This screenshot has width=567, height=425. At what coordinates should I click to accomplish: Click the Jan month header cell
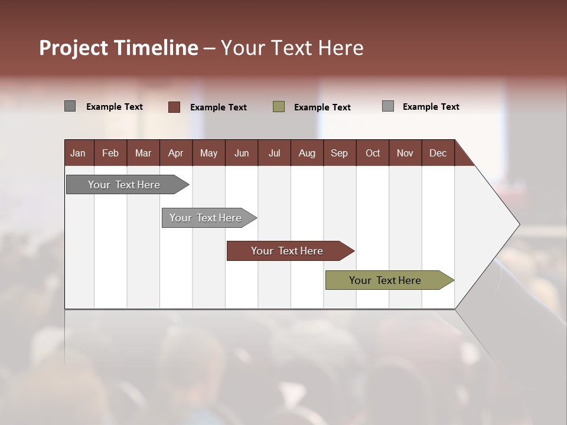[x=79, y=153]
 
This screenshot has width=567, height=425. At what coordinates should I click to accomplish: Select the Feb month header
[x=110, y=153]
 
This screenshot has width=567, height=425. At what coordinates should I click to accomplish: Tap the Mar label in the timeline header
[x=143, y=153]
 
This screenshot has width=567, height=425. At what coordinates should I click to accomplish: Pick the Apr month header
[x=175, y=153]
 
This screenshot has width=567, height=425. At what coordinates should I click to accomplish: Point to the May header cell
[x=208, y=153]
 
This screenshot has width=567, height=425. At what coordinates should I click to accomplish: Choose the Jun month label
[x=242, y=153]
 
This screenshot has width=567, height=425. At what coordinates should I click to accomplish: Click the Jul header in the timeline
[x=274, y=153]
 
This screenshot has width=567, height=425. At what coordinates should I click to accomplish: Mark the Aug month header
[x=307, y=153]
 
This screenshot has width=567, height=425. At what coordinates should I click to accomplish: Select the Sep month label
[x=339, y=153]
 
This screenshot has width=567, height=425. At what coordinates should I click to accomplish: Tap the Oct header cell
[x=373, y=153]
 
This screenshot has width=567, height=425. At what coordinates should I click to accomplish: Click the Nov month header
[x=405, y=153]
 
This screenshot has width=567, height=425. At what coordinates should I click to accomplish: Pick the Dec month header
[x=438, y=153]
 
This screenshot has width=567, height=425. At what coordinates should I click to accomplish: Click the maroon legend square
[x=174, y=107]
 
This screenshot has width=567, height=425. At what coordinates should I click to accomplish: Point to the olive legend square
[x=279, y=107]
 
